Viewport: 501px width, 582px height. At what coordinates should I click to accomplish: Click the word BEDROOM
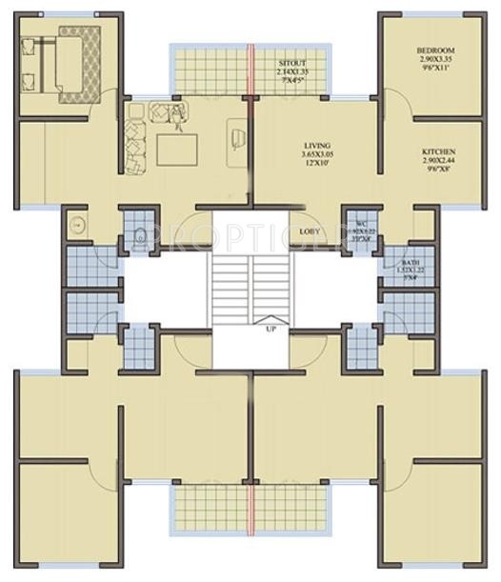[x=435, y=50]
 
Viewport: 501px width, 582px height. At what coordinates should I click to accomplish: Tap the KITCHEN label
[x=439, y=152]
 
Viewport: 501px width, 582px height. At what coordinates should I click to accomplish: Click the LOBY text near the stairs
[x=309, y=231]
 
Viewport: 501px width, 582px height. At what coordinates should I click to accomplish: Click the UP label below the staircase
[x=271, y=330]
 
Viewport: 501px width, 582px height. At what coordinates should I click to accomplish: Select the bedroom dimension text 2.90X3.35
[x=435, y=60]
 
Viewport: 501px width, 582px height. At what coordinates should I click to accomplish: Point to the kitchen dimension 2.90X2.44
[x=439, y=161]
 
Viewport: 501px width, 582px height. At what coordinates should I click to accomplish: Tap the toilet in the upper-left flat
[x=141, y=233]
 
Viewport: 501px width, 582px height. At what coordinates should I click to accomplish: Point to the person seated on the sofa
[x=177, y=116]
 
